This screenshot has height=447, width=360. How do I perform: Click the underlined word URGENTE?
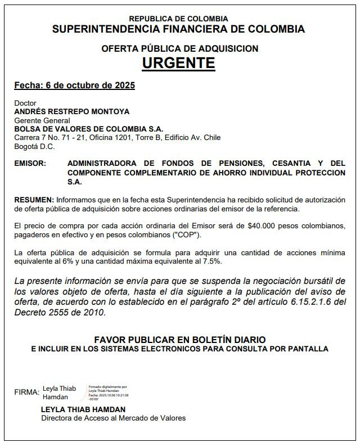pyautogui.click(x=178, y=62)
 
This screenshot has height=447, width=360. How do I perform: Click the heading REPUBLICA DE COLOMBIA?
pyautogui.click(x=178, y=19)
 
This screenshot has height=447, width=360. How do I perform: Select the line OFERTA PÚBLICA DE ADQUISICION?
pyautogui.click(x=179, y=49)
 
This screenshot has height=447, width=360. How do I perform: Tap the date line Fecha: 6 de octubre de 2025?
pyautogui.click(x=74, y=85)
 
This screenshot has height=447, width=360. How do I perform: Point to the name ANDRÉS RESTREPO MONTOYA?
pyautogui.click(x=71, y=112)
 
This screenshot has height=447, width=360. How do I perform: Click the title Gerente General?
pyautogui.click(x=42, y=120)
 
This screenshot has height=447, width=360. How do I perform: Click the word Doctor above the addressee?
pyautogui.click(x=25, y=103)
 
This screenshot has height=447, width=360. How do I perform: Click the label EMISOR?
pyautogui.click(x=30, y=164)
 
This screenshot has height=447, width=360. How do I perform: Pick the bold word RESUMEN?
pyautogui.click(x=34, y=200)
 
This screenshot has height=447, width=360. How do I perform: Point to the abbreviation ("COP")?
pyautogui.click(x=185, y=234)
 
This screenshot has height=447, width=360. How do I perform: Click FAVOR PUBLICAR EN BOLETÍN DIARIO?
pyautogui.click(x=179, y=340)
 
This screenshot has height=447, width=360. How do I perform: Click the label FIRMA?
pyautogui.click(x=26, y=392)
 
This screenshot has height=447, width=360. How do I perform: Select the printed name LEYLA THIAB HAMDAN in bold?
pyautogui.click(x=83, y=409)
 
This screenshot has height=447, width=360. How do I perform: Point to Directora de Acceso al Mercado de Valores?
pyautogui.click(x=113, y=418)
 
